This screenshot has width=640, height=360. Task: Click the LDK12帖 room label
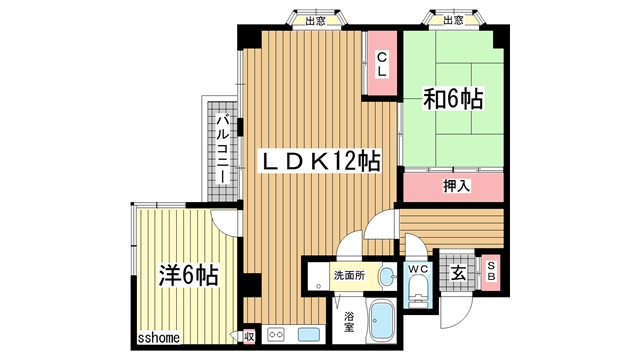point(321,161)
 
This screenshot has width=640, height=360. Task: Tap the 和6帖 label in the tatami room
point(453,98)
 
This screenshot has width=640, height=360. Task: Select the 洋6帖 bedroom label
point(189,275)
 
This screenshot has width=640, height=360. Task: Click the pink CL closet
point(382,63)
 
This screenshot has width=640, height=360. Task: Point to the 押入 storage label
point(457,186)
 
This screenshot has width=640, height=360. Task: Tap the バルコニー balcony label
point(222,149)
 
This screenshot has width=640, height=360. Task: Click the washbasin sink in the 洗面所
point(387,277)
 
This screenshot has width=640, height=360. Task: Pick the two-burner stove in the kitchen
point(276,335)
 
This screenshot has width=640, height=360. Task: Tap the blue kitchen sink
point(309,335)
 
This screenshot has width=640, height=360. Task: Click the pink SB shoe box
point(491,272)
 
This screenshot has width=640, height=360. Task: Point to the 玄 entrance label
point(458,273)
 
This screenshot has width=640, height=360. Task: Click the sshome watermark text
point(159,338)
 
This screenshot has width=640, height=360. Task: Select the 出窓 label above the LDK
point(316,20)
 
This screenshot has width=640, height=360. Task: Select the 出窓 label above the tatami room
point(453,20)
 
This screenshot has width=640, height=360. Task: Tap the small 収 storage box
point(249,337)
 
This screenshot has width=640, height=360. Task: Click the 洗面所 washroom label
point(349,276)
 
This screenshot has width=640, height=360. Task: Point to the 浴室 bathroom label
point(349,322)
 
